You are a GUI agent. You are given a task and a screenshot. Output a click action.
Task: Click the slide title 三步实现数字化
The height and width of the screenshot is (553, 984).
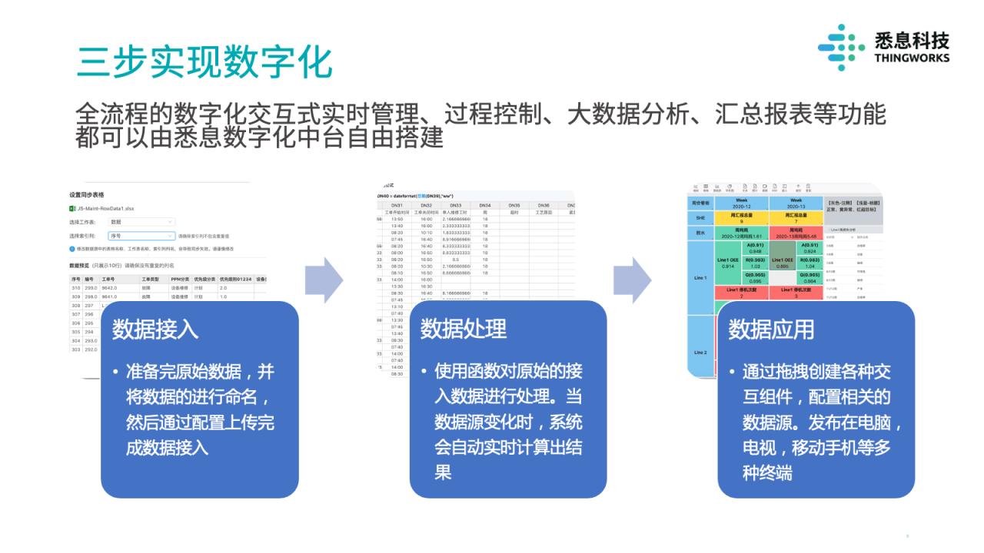[x=204, y=61]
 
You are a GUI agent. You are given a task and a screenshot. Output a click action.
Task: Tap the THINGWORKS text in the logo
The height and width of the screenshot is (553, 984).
[x=912, y=58]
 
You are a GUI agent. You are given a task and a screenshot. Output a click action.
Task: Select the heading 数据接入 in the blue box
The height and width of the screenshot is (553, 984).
[x=155, y=329]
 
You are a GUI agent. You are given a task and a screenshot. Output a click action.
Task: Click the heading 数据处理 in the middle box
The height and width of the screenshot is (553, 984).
[x=463, y=329]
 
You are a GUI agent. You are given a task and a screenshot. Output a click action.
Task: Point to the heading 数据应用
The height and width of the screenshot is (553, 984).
[x=771, y=329]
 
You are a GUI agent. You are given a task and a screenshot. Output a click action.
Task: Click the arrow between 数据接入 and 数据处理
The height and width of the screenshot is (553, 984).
[x=324, y=280]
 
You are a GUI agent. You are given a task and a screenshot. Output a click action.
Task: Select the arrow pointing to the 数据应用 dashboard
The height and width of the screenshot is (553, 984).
[x=632, y=280]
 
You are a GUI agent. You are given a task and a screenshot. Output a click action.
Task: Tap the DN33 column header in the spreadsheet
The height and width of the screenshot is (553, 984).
[x=456, y=205]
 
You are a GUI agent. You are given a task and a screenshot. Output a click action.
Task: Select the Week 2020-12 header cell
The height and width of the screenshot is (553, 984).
[x=741, y=203]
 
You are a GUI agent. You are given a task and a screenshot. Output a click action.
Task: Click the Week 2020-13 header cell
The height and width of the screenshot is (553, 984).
[x=795, y=203]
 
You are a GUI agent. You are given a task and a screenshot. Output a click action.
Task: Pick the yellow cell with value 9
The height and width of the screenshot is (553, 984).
[x=741, y=218]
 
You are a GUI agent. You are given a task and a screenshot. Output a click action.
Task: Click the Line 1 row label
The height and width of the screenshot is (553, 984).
[x=700, y=277]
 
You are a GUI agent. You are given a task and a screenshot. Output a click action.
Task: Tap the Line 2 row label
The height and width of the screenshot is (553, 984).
[x=700, y=353]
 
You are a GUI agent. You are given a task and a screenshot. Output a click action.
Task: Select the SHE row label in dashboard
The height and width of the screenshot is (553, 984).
[x=700, y=218]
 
